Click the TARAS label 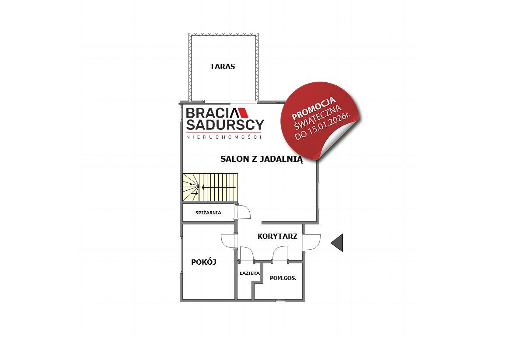223,66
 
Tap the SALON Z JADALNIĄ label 262,159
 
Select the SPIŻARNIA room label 208,213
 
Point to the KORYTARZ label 277,236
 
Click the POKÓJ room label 204,262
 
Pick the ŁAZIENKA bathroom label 250,273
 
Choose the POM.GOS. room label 283,278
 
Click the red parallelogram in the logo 243,113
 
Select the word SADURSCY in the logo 225,125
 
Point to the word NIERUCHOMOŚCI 224,137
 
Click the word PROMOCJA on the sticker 314,108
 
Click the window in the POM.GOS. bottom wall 281,301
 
